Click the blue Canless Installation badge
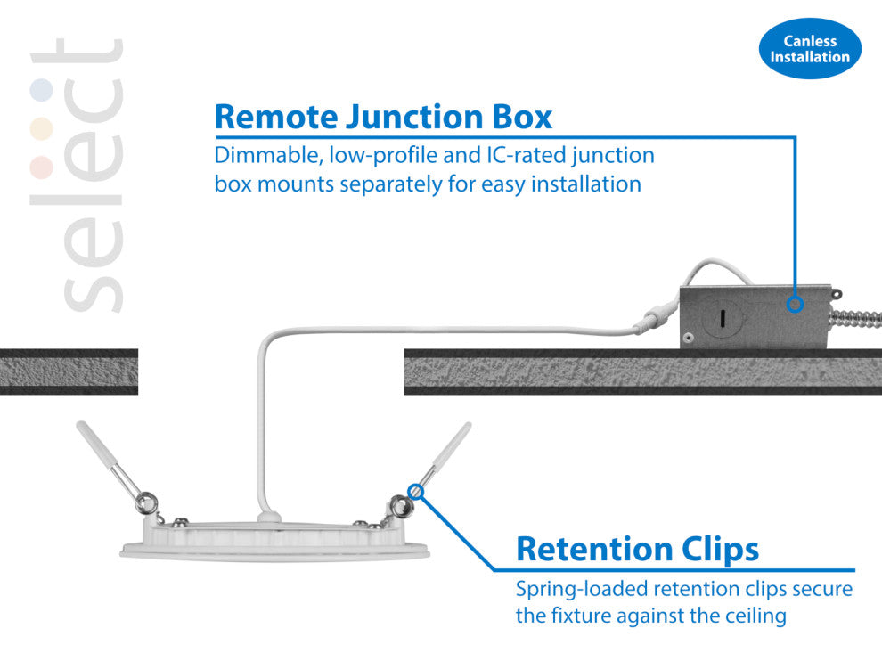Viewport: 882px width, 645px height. pyautogui.click(x=810, y=49)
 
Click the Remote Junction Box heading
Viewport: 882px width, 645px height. pyautogui.click(x=384, y=117)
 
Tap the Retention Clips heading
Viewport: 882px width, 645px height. pyautogui.click(x=637, y=549)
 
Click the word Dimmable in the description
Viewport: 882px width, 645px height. pyautogui.click(x=268, y=156)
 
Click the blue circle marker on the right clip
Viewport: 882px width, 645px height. pyautogui.click(x=416, y=490)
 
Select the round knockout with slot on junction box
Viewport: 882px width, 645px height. pyautogui.click(x=721, y=316)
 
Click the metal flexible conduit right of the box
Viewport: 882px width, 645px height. pyautogui.click(x=860, y=320)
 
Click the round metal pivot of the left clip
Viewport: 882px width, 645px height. pyautogui.click(x=141, y=504)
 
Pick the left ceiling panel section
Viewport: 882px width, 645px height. pyautogui.click(x=69, y=371)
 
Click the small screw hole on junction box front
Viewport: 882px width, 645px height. pyautogui.click(x=689, y=339)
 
